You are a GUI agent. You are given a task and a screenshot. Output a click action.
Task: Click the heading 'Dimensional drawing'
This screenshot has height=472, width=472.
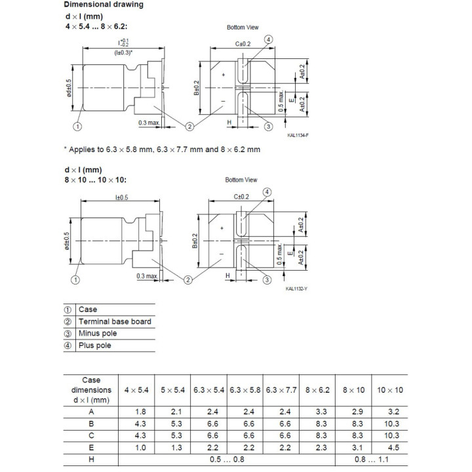[x=104, y=5]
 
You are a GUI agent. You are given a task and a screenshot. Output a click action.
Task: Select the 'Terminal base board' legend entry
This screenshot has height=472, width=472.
[x=115, y=321]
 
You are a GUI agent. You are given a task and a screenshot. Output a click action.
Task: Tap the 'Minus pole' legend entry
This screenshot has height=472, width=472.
[x=97, y=333]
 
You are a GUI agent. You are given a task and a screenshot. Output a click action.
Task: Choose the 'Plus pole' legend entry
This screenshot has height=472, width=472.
[x=94, y=345]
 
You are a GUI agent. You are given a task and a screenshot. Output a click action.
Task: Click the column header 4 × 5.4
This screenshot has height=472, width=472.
[x=136, y=390]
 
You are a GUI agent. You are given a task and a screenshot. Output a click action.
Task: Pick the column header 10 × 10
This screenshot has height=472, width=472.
[x=390, y=390]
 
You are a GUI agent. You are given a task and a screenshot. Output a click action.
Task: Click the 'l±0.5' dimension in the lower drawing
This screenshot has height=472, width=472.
[x=122, y=197]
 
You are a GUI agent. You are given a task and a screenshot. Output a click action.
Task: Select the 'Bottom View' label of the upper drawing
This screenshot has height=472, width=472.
[x=243, y=28]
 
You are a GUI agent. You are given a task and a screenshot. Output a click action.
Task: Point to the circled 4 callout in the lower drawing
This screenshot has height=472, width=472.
[x=267, y=191]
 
